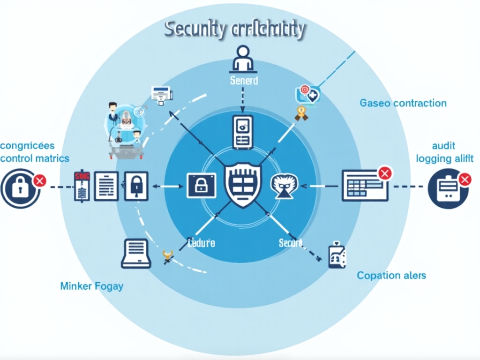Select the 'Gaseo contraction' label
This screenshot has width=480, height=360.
click(x=403, y=103)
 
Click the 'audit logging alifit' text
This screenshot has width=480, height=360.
click(x=444, y=152)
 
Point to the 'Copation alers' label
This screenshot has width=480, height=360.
click(x=391, y=275)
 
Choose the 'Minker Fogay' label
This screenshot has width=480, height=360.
click(x=92, y=285)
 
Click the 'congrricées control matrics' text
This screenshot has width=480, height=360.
click(x=35, y=152)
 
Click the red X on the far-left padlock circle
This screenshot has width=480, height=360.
click(x=40, y=180)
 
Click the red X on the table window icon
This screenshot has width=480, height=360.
click(x=384, y=173)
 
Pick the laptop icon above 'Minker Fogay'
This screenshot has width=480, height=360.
click(x=136, y=254)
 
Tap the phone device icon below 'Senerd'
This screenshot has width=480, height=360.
click(x=242, y=132)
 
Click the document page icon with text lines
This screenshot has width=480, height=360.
click(x=106, y=186)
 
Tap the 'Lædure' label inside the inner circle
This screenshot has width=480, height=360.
click(x=202, y=243)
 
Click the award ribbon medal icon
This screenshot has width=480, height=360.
click(x=300, y=112)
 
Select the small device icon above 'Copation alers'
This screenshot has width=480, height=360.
click(x=337, y=255)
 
